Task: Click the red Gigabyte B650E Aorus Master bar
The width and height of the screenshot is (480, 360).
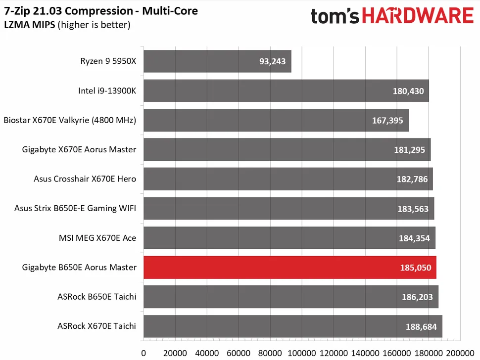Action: click(289, 268)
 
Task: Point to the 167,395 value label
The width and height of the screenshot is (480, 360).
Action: click(386, 121)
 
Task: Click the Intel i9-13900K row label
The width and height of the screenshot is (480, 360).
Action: click(107, 91)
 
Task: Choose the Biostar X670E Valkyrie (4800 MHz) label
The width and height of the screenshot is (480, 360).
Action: click(70, 120)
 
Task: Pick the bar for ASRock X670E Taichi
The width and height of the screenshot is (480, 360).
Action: click(292, 326)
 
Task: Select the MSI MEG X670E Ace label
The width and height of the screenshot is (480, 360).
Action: click(97, 238)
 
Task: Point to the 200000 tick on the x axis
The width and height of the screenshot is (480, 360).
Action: click(460, 353)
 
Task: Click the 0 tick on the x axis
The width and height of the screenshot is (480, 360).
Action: click(144, 353)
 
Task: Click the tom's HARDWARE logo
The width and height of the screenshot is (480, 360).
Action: click(392, 16)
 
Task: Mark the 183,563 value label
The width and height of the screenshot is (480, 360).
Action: click(413, 209)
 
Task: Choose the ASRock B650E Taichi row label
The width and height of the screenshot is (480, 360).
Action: click(97, 297)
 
